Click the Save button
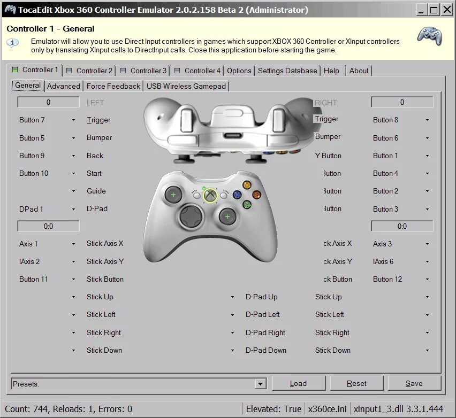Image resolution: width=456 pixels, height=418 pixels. click(x=414, y=383)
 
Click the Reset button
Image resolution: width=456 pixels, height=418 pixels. click(x=356, y=383)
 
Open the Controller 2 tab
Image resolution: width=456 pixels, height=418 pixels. click(x=90, y=71)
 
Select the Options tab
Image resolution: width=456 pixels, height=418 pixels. click(x=239, y=71)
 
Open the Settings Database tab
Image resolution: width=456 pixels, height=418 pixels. click(x=287, y=71)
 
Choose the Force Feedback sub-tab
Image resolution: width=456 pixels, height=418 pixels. click(x=113, y=86)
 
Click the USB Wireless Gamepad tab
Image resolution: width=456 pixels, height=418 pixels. click(x=186, y=86)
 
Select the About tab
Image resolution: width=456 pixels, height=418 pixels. click(x=359, y=71)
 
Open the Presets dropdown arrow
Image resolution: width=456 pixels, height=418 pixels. click(x=260, y=384)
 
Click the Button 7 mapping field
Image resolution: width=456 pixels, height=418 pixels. click(x=47, y=120)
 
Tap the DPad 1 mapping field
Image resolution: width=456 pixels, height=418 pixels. click(x=47, y=209)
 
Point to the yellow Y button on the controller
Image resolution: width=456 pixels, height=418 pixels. click(x=247, y=185)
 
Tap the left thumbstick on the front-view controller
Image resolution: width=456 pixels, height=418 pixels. click(x=173, y=195)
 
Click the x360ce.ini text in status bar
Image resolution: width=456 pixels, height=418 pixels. click(x=326, y=409)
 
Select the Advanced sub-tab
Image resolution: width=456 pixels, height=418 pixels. click(x=64, y=86)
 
